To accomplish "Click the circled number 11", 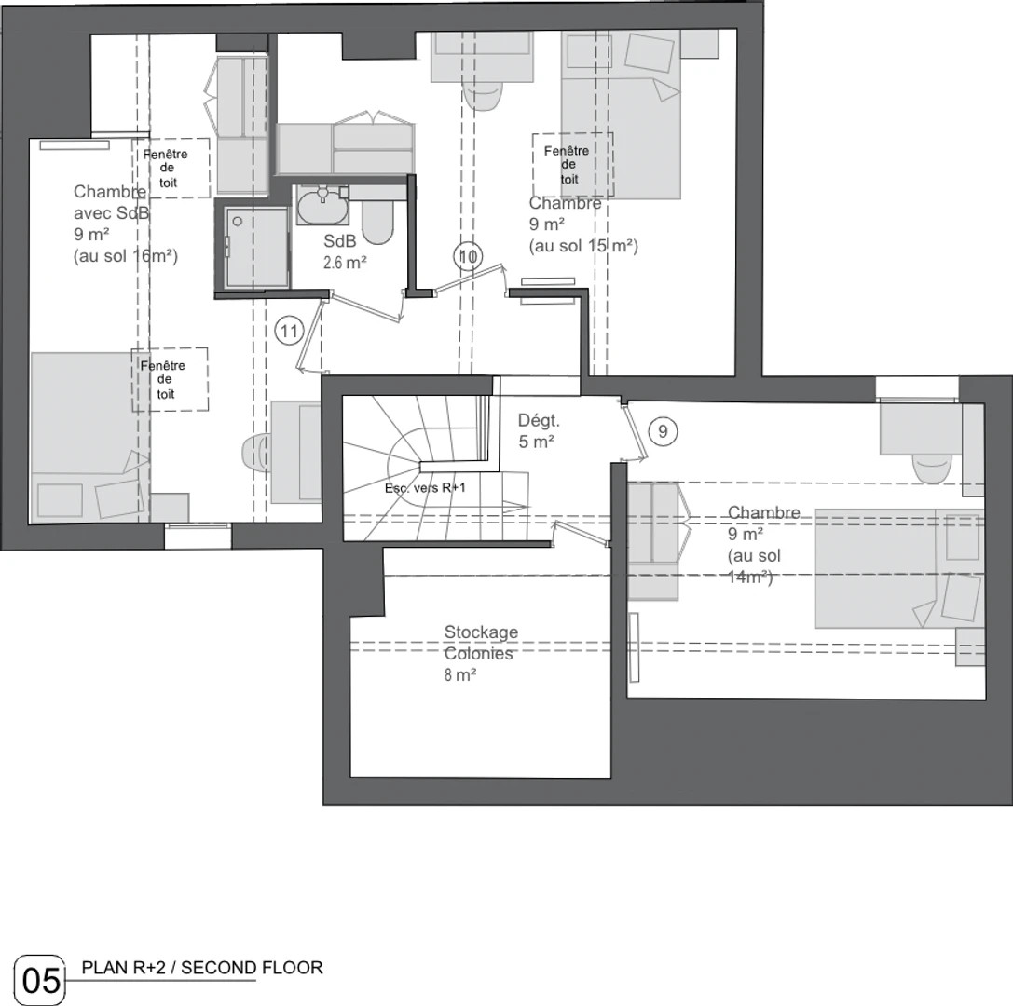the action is [x=289, y=332].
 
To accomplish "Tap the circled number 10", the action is [x=469, y=256].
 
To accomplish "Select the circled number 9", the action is [x=663, y=430].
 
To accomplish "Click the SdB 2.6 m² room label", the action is [x=345, y=251].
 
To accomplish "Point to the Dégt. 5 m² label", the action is [x=539, y=430].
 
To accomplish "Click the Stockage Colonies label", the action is [x=481, y=643].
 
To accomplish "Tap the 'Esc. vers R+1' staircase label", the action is [x=425, y=488].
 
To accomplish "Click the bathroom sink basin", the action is [x=322, y=205].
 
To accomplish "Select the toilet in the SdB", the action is [x=377, y=221].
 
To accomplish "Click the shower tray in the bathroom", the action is [x=257, y=247].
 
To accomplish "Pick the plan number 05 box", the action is [x=40, y=980].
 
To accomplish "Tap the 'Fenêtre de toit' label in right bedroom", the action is [x=568, y=165].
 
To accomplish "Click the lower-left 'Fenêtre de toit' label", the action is [x=163, y=380].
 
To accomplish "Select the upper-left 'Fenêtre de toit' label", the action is [x=166, y=169].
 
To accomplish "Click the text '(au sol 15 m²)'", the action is [x=583, y=246].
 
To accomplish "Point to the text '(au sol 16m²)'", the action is [x=125, y=256].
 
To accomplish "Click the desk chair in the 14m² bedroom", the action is [x=932, y=467].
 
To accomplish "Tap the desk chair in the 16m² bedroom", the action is [x=256, y=453].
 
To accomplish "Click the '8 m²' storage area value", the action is [x=460, y=675].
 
